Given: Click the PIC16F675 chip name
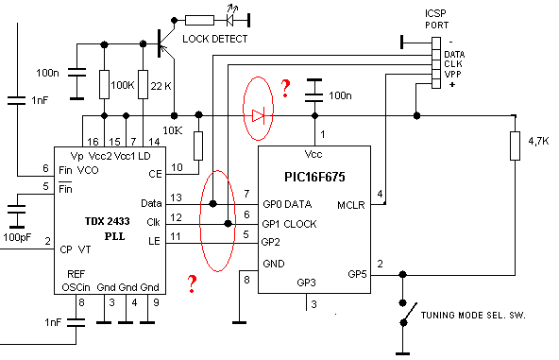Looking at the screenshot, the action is (314, 177).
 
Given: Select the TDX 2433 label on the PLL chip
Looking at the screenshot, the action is (108, 221).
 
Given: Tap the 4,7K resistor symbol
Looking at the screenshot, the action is (515, 146).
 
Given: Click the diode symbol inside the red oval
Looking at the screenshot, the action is (258, 115).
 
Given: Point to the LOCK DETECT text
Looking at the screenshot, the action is (215, 39).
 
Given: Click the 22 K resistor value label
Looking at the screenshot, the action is (161, 86).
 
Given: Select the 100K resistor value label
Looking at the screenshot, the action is (123, 85).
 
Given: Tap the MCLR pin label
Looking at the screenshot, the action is (351, 205).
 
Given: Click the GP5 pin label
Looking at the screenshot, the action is (357, 274).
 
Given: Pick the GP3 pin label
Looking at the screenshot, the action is (306, 283).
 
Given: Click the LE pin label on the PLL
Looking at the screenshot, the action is (154, 241).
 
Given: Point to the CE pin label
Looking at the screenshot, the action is (156, 174).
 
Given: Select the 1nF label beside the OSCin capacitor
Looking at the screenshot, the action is (53, 322).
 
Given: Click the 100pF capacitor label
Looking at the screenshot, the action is (17, 237).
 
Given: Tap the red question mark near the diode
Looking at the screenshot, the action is (285, 89).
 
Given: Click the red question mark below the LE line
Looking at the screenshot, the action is (192, 284).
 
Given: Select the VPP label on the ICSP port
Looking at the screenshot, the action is (452, 75).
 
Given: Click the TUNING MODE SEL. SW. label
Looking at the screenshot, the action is (473, 315).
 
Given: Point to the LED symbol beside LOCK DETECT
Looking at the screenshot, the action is (230, 20).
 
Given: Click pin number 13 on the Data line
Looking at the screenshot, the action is (177, 197).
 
